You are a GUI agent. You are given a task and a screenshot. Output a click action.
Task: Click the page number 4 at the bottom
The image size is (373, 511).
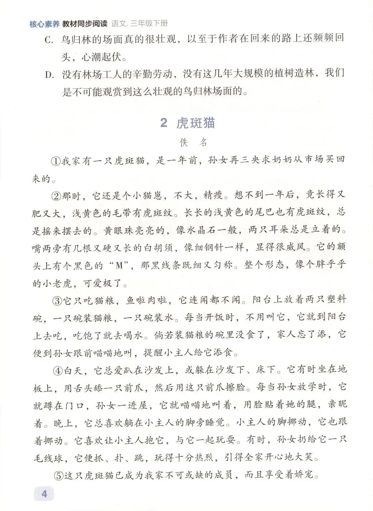tap(44, 494)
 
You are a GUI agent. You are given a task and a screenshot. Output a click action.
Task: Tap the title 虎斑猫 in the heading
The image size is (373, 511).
tap(196, 123)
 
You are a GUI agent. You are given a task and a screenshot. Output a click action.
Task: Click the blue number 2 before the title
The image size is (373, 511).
tap(164, 123)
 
